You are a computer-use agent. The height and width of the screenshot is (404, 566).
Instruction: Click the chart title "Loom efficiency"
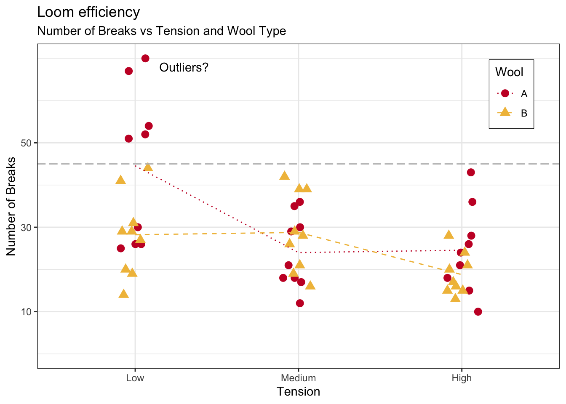coord(88,12)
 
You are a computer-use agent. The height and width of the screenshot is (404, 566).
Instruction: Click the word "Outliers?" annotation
coord(184,67)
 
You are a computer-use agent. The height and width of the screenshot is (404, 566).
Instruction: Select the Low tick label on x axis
coord(135,378)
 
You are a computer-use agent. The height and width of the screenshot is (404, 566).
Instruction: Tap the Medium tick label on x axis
coord(298,378)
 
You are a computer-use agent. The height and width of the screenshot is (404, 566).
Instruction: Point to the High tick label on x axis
coord(462,378)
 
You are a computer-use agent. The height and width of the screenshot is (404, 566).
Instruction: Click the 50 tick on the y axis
coord(27,143)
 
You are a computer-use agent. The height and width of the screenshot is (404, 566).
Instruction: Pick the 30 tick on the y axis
coord(27,227)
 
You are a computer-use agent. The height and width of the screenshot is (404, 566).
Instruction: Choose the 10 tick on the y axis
coord(27,312)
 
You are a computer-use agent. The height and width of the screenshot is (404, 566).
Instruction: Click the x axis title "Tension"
coord(298,392)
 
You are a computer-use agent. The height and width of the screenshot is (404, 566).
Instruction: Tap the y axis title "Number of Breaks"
coord(11,206)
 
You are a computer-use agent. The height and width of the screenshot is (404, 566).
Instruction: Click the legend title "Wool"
coord(509,72)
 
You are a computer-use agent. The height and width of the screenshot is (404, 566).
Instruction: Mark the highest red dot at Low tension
coord(145,58)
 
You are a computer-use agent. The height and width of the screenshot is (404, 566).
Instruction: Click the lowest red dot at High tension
coord(478,312)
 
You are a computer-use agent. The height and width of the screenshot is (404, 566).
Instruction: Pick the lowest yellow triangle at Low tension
coord(123,294)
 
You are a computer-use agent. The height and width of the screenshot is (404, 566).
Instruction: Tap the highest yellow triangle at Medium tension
coord(285,175)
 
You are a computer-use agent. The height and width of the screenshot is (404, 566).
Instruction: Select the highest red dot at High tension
coord(471,173)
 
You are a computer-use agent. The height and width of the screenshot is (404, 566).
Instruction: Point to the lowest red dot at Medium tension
coord(300,303)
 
